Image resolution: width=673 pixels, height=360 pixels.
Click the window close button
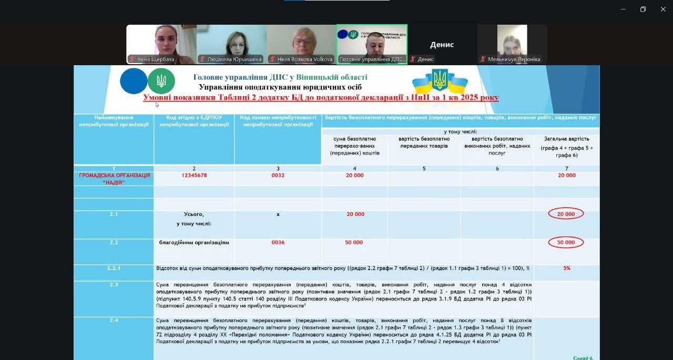coord(663,9)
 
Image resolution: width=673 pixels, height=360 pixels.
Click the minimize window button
coord(623,9)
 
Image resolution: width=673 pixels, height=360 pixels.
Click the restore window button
coord(643,9)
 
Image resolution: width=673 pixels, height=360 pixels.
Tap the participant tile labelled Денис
coord(442,45)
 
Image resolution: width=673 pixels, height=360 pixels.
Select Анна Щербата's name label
coord(155,59)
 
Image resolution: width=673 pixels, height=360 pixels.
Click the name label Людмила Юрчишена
coord(234,59)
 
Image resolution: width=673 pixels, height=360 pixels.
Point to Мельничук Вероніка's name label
coord(514,59)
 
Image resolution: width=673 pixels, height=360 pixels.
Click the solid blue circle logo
coord(134,81)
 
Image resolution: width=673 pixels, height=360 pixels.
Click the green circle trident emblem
coord(161,81)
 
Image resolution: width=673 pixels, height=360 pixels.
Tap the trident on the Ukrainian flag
coord(440,80)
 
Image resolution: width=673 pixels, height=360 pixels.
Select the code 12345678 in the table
coord(194,176)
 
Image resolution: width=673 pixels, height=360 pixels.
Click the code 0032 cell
coord(278,176)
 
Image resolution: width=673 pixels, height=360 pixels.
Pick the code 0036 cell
coord(278,243)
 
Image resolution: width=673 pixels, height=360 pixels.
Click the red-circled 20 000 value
coord(566,214)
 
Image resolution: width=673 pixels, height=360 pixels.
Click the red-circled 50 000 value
coord(566,242)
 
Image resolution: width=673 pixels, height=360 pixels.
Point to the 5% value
coord(567,268)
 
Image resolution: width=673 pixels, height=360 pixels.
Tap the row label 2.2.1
coord(114,268)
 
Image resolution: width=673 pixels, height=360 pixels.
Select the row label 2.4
coord(114,320)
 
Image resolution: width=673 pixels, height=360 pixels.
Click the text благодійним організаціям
coord(194,243)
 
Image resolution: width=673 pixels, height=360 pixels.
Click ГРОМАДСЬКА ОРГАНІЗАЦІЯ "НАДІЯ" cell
coord(114,179)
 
